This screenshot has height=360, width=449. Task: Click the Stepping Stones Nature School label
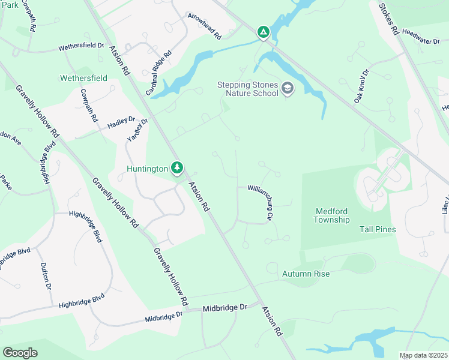247,89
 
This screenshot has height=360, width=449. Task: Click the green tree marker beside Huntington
177,169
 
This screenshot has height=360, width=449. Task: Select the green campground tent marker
263,32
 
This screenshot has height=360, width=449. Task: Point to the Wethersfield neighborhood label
83,78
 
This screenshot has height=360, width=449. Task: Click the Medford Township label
331,215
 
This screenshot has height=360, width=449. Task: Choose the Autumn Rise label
306,274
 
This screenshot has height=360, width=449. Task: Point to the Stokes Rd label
388,17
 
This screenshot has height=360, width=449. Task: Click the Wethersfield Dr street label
81,47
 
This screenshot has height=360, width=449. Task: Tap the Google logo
20,353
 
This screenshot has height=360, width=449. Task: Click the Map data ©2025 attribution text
423,356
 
